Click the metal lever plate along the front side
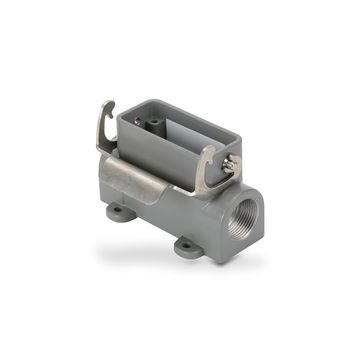tap(140, 180)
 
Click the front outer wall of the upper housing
tap(165, 160)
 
